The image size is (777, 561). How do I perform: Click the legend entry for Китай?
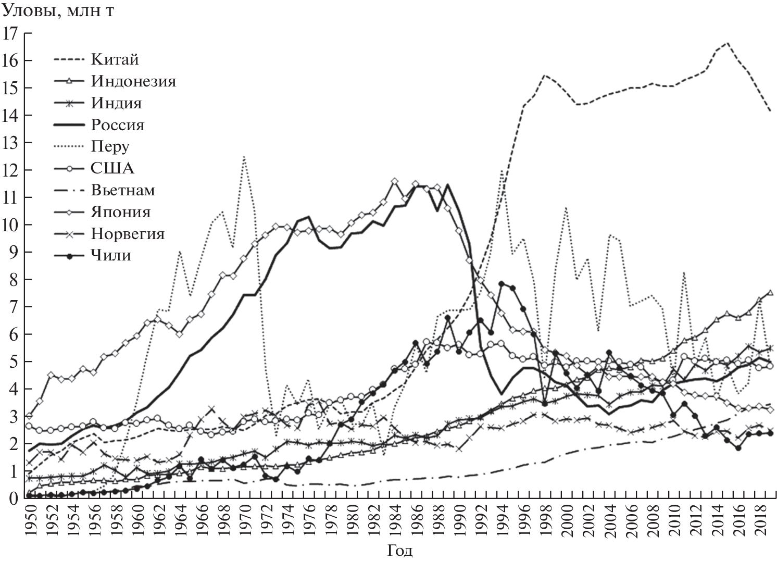click(115, 59)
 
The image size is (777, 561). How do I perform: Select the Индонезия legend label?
click(133, 81)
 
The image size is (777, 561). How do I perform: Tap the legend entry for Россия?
click(118, 125)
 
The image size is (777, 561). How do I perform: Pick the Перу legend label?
click(110, 147)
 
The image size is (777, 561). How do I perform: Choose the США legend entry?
click(112, 169)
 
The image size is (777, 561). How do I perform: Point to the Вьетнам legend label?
click(123, 190)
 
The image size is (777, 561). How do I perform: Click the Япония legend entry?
click(121, 212)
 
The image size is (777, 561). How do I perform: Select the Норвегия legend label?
click(128, 234)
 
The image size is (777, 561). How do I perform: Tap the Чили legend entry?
click(111, 256)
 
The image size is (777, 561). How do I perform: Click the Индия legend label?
click(117, 103)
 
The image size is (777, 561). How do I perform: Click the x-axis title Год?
click(400, 551)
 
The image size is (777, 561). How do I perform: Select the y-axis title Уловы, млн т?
click(59, 11)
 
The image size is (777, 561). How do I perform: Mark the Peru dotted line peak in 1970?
click(244, 157)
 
